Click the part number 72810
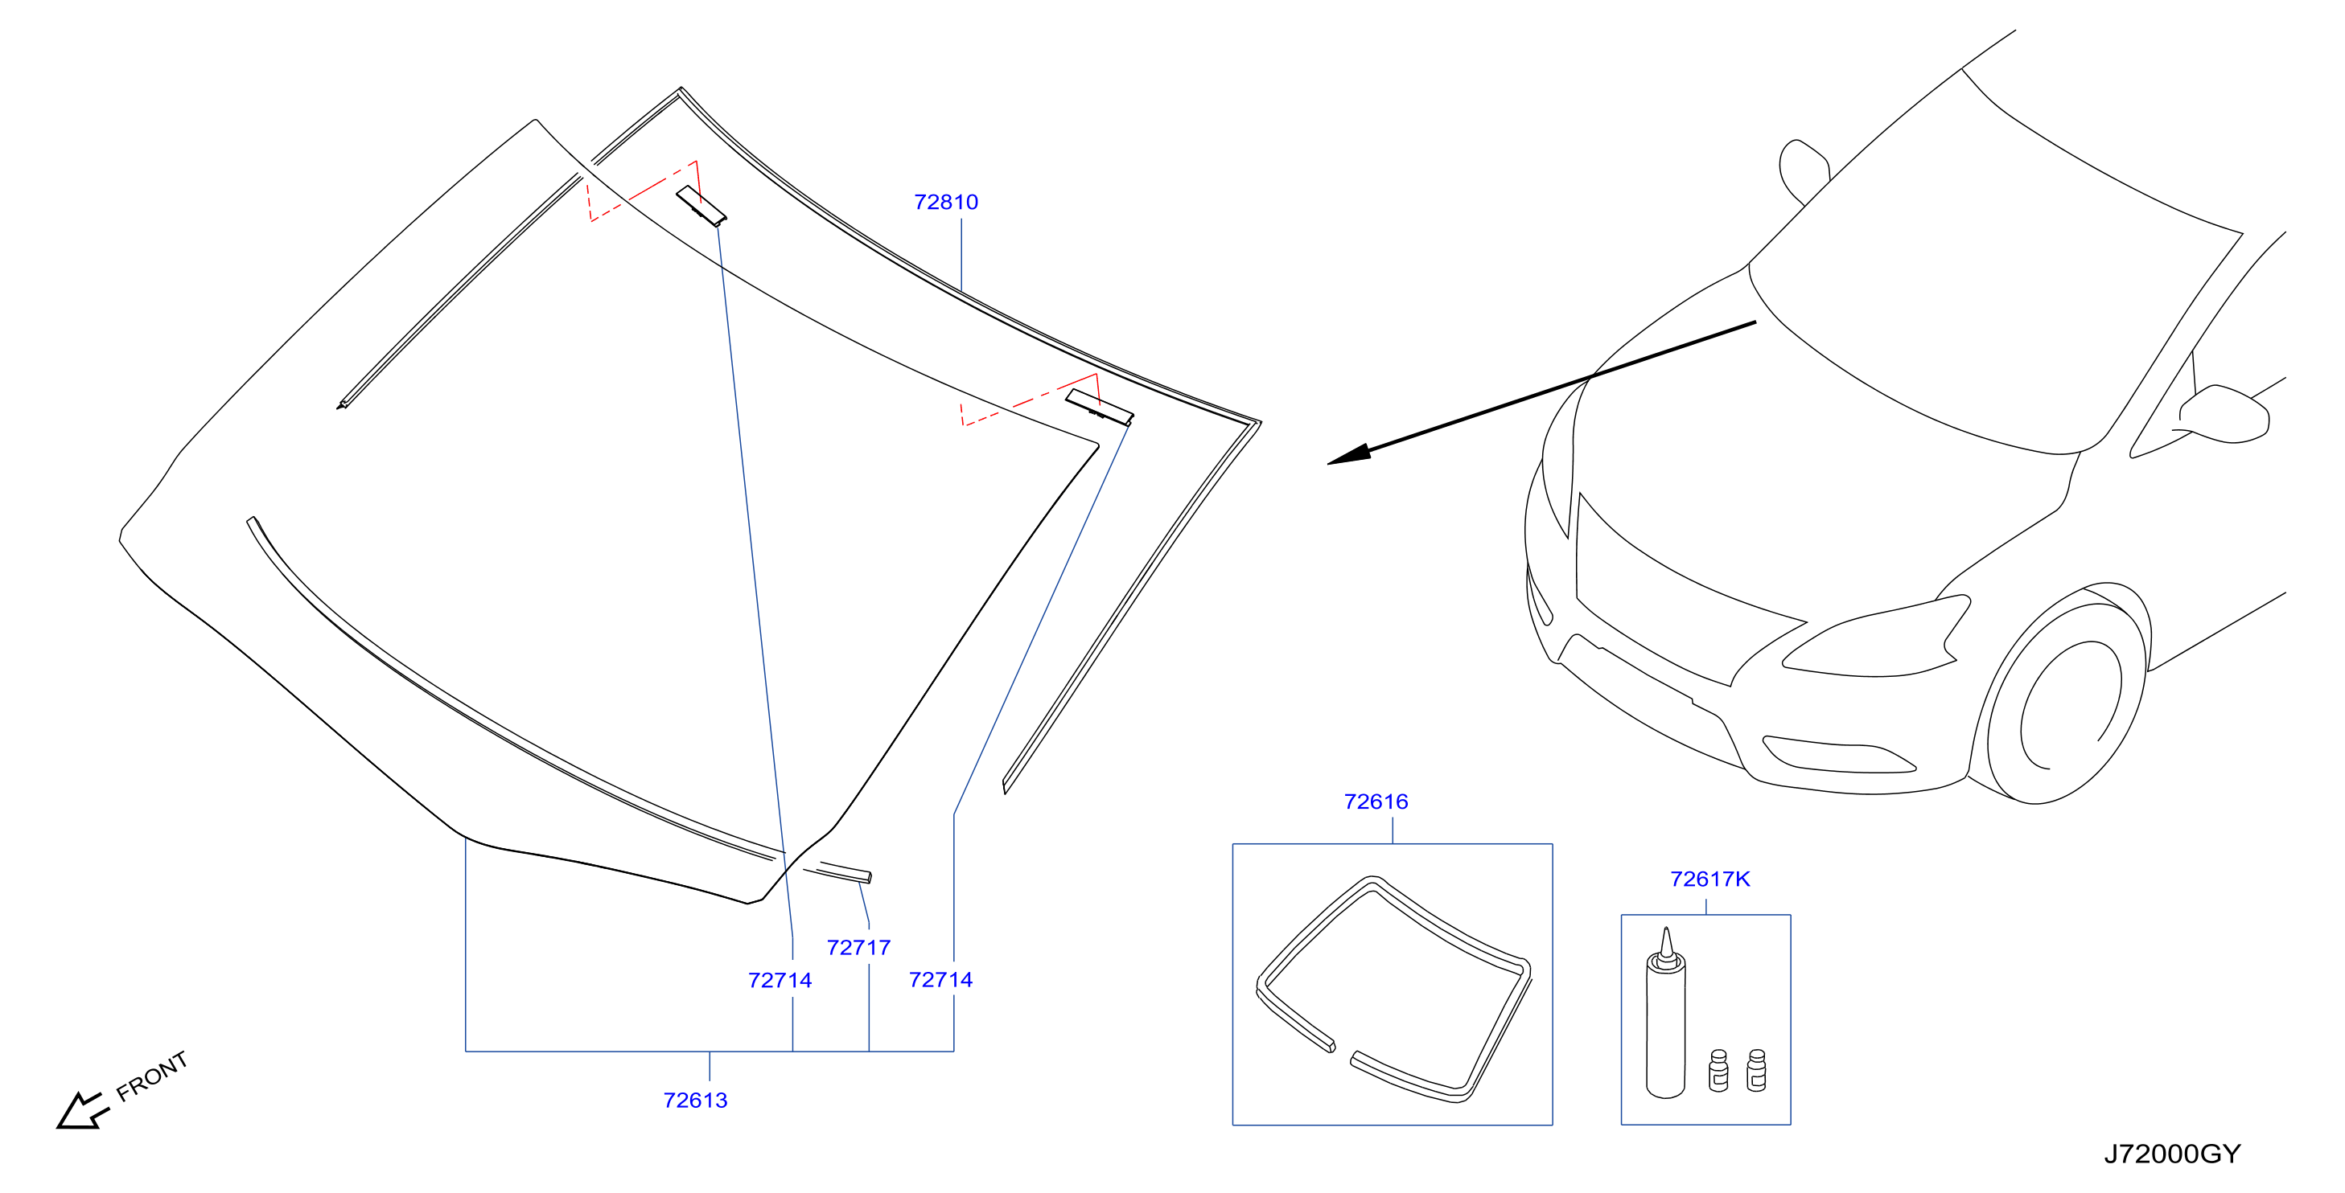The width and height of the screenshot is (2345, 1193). (x=946, y=202)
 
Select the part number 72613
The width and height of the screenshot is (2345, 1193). (x=696, y=1101)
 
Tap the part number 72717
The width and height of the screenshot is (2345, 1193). (x=858, y=947)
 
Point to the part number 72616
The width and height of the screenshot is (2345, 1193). (x=1376, y=801)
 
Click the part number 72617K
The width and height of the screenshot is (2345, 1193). (x=1709, y=879)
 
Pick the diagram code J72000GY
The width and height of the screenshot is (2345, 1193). (x=2172, y=1154)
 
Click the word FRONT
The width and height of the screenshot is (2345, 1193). (x=152, y=1076)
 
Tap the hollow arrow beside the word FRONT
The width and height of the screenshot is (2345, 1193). (x=82, y=1111)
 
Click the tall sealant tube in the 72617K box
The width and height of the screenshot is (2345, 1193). (x=1665, y=1014)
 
